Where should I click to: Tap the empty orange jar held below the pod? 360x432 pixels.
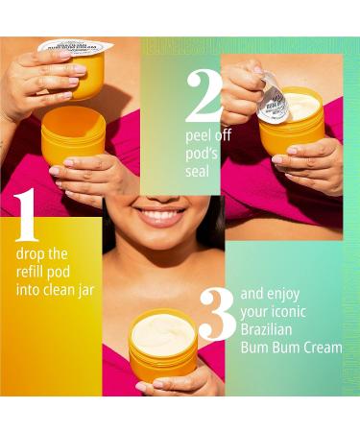74,134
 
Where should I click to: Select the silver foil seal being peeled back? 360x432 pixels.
273,99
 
